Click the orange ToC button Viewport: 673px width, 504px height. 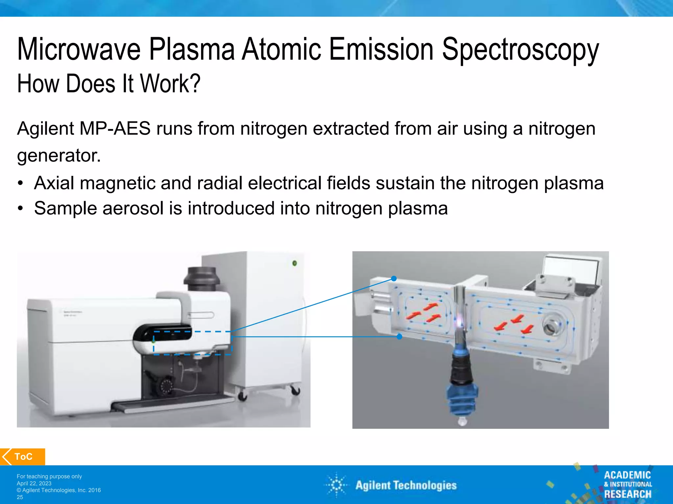pyautogui.click(x=23, y=456)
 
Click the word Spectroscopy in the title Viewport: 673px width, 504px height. pyautogui.click(x=520, y=50)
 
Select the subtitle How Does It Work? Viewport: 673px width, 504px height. pyautogui.click(x=108, y=84)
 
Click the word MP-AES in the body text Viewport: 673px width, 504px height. pyautogui.click(x=115, y=128)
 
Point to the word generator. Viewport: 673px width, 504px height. pyautogui.click(x=58, y=155)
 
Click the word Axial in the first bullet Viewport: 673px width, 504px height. pyautogui.click(x=54, y=183)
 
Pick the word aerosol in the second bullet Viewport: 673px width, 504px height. pyautogui.click(x=133, y=208)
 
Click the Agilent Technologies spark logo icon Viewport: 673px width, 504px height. pyautogui.click(x=336, y=485)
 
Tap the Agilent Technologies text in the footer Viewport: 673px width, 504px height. pyautogui.click(x=406, y=485)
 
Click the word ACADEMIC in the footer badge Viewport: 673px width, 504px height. pyautogui.click(x=627, y=475)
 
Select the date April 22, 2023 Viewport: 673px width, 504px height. pyautogui.click(x=34, y=483)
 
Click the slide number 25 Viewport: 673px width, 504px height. pyautogui.click(x=20, y=497)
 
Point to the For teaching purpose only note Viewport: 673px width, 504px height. pyautogui.click(x=49, y=476)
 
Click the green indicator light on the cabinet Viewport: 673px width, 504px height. pyautogui.click(x=295, y=263)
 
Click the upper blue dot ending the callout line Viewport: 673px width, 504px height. pyautogui.click(x=394, y=279)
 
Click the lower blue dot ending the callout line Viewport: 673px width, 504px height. pyautogui.click(x=399, y=337)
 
